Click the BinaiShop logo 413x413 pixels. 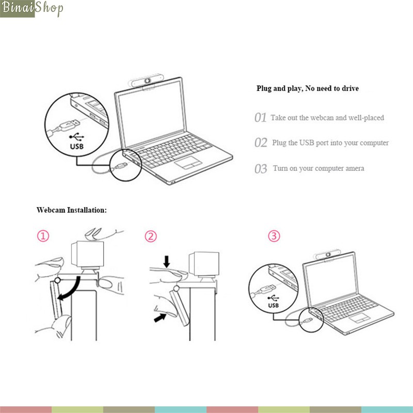(x=31, y=9)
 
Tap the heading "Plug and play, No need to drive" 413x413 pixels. (x=307, y=88)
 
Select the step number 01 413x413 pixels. (x=261, y=118)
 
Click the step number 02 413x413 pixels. (x=261, y=142)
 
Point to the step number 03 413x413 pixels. (x=261, y=169)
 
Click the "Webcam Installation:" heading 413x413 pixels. (x=72, y=210)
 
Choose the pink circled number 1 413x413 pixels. (x=43, y=236)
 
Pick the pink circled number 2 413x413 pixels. (x=151, y=236)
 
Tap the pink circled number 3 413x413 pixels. (x=274, y=236)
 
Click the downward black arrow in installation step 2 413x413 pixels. (x=166, y=261)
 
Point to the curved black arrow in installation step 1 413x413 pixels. (x=75, y=290)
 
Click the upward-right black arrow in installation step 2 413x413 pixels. (x=160, y=317)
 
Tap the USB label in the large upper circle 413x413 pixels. (x=76, y=146)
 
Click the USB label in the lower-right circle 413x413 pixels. (x=274, y=305)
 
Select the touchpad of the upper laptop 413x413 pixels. (x=188, y=163)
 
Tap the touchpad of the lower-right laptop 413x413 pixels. (x=360, y=317)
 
